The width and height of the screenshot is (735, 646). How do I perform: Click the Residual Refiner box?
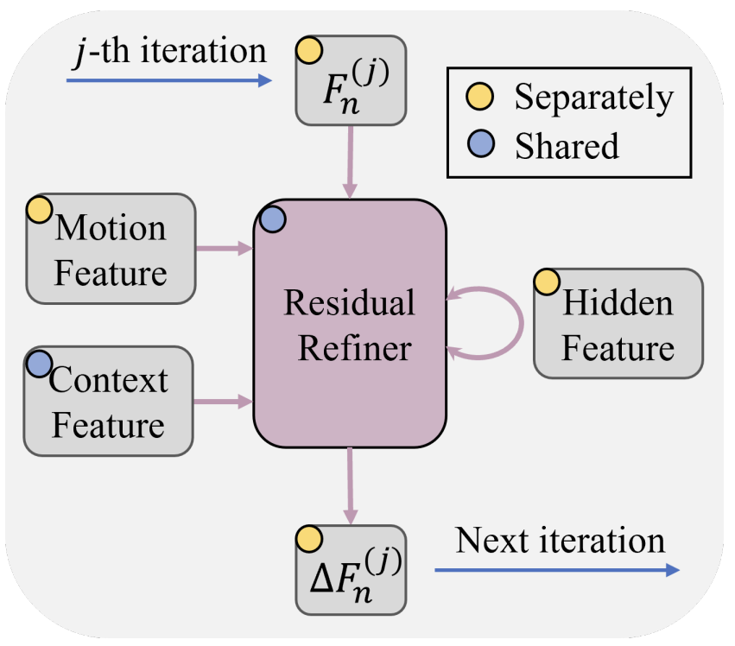[x=350, y=324]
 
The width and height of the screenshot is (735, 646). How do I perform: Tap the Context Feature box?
[x=108, y=402]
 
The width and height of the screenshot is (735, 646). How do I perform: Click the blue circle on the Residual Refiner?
[x=272, y=219]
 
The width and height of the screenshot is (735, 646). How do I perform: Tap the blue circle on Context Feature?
[x=39, y=364]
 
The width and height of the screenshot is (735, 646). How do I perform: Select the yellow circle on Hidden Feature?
[x=547, y=282]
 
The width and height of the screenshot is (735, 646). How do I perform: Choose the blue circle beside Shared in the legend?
[x=478, y=146]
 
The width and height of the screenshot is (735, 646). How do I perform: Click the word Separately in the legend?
[x=593, y=98]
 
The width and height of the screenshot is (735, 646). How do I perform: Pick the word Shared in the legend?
[x=567, y=146]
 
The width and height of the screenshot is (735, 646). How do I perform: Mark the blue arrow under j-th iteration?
[x=169, y=81]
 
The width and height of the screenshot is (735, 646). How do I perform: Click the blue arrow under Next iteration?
[x=557, y=570]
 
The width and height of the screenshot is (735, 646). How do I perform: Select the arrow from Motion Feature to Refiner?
[x=224, y=249]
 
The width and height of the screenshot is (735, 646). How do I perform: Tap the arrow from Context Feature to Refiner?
[x=223, y=401]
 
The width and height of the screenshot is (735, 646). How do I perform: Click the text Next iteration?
[x=561, y=541]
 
